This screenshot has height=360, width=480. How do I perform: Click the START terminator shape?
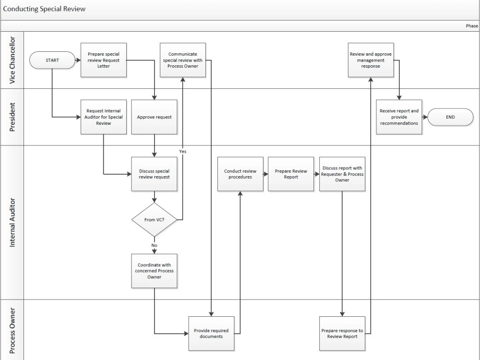52,60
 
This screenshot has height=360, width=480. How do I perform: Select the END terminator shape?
450,117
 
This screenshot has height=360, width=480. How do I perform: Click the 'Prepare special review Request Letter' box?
104,60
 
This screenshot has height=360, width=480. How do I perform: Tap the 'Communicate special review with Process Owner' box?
183,60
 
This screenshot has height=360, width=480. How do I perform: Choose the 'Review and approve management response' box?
371,60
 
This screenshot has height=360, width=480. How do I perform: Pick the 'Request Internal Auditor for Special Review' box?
104,117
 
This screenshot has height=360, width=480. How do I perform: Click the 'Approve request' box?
154,117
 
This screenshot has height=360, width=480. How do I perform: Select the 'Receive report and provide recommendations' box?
399,117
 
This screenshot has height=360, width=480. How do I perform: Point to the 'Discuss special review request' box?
154,174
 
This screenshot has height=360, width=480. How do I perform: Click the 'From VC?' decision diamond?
154,220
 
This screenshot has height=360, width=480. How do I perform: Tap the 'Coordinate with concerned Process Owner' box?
154,271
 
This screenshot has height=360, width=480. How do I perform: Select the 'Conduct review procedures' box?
240,174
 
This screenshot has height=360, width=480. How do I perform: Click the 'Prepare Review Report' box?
291,174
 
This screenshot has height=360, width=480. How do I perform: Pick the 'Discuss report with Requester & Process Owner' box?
342,174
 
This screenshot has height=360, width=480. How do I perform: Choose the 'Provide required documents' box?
211,333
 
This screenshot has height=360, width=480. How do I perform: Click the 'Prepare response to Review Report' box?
342,333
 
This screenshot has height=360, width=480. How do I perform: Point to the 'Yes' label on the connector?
183,151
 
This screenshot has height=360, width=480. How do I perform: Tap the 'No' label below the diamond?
154,245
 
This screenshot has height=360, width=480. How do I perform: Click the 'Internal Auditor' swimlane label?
12,221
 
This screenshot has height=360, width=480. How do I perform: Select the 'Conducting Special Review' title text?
44,9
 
